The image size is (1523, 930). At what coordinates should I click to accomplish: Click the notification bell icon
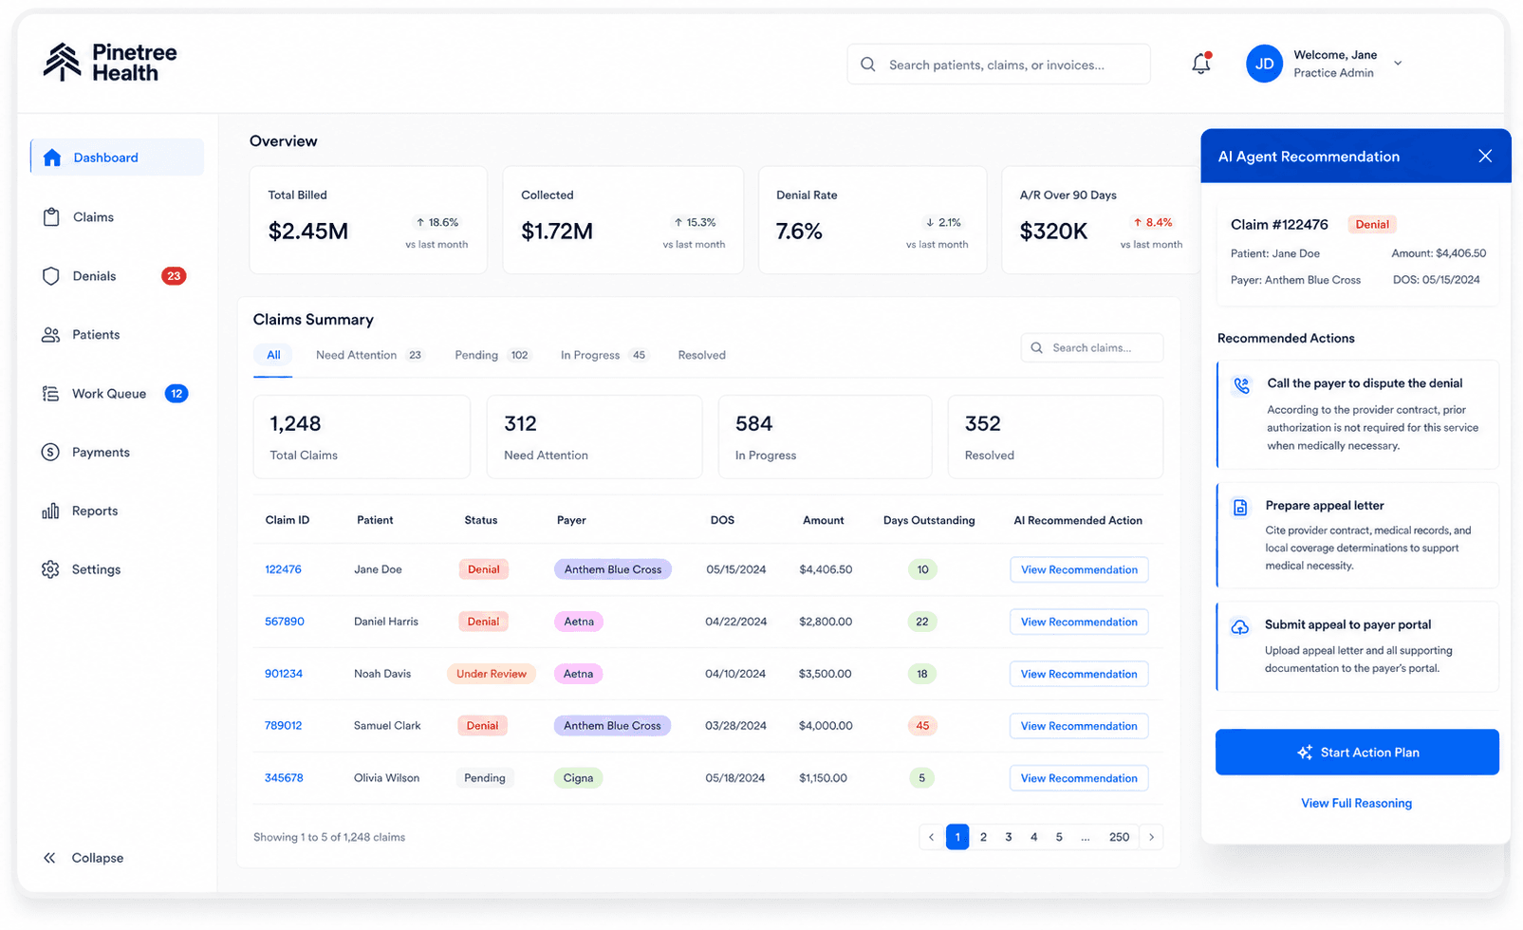coord(1200,64)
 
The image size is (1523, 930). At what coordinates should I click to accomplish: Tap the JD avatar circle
coord(1264,64)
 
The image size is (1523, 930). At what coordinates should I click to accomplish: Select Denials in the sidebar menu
coord(95,276)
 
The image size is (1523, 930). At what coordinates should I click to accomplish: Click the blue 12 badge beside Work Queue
coord(176,394)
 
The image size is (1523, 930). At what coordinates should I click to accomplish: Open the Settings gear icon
coord(50,569)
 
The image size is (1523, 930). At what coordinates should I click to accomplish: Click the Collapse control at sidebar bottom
coord(84,858)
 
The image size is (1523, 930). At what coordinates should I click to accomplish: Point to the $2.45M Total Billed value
coord(308,232)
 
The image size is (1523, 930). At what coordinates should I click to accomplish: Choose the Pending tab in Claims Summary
coord(476,355)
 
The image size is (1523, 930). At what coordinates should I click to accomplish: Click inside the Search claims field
coord(1092,347)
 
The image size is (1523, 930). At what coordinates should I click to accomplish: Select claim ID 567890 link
coord(285,622)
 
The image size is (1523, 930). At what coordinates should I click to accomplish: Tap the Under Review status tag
coord(491,674)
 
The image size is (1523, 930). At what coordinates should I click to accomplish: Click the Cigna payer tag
coord(578,778)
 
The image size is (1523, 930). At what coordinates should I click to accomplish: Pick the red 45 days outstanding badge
coord(922,725)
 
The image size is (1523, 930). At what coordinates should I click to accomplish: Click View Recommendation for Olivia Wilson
coord(1079,778)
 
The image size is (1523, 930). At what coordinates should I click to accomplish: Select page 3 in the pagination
coord(1009,837)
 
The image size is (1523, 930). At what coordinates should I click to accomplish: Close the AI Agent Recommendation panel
coord(1485,157)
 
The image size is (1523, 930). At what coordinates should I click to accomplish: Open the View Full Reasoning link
coord(1356,803)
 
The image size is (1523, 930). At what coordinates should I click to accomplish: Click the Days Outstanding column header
coord(929,520)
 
